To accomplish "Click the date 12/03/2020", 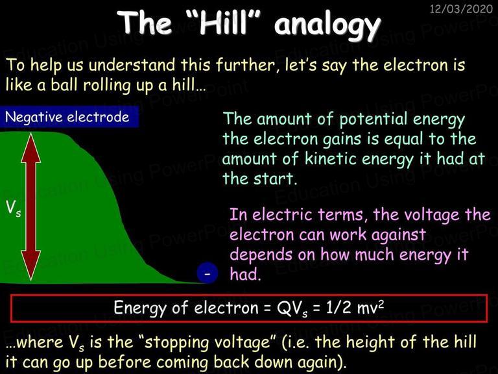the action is pos(461,8).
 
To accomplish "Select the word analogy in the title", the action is pos(327,25).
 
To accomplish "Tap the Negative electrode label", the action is pos(67,117).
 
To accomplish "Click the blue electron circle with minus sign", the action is pos(207,273).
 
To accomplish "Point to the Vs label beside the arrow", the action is pos(14,208).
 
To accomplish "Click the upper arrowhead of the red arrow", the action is pos(31,148).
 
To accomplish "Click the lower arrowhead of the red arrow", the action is pos(31,266).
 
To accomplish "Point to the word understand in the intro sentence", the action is pos(131,65).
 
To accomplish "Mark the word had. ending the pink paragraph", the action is pos(245,274).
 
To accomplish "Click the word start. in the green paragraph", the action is pos(275,179).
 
